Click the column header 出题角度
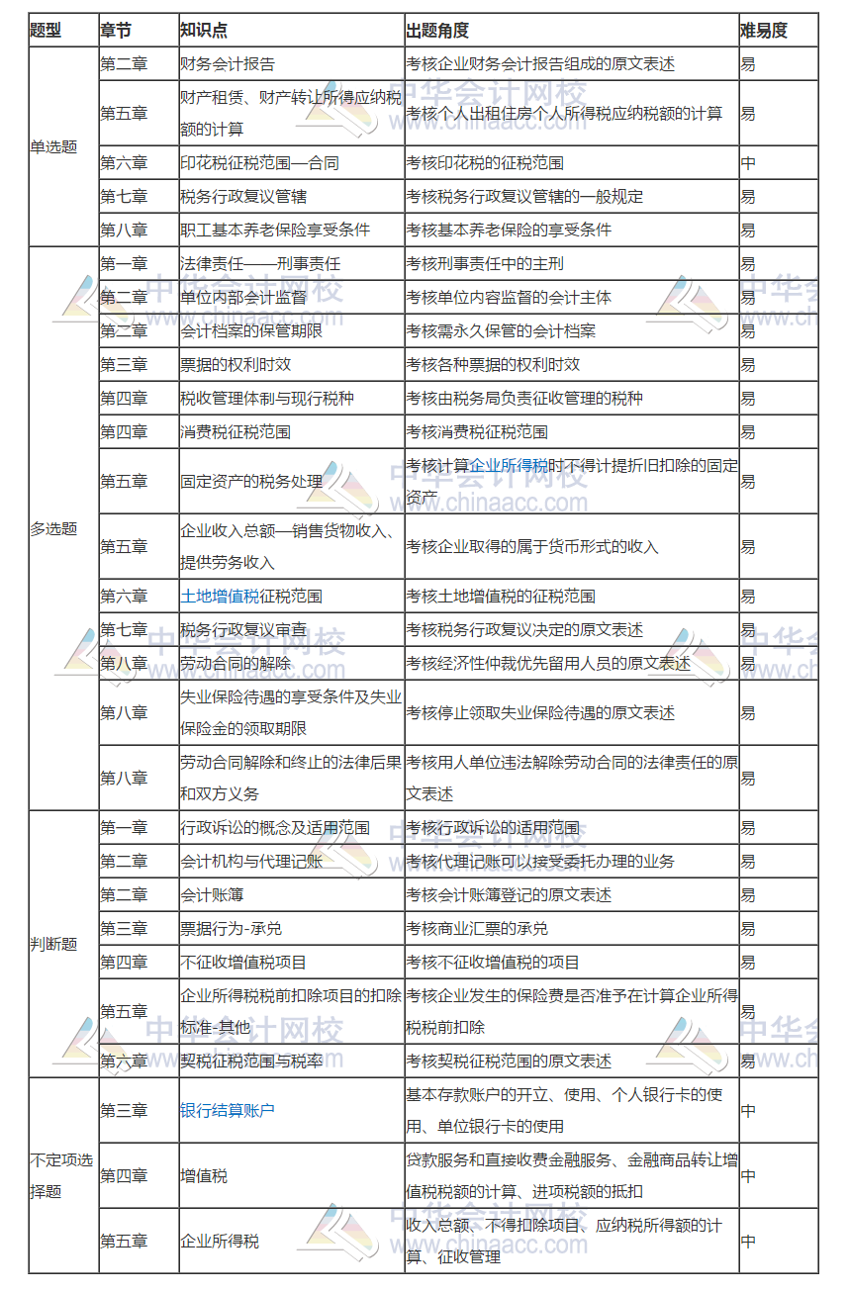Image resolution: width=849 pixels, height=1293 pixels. tap(437, 31)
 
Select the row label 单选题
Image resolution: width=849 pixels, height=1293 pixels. tap(53, 147)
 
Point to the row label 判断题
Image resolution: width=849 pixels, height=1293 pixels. tap(53, 944)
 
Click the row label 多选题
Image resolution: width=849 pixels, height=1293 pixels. tap(53, 528)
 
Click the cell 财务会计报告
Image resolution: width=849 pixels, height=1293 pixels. tap(228, 64)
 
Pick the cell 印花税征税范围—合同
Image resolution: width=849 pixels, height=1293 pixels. tap(259, 163)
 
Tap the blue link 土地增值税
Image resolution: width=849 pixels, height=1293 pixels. tap(220, 597)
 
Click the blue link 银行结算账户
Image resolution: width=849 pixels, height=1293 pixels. tap(228, 1110)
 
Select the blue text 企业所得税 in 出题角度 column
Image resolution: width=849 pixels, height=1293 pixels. tap(509, 466)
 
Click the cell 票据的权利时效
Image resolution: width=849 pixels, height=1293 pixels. tap(236, 364)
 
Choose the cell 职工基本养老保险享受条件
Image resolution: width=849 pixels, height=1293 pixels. tap(275, 230)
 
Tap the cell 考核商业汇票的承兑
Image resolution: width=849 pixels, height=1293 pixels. tap(477, 929)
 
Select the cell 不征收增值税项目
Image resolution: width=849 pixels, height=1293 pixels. tap(243, 963)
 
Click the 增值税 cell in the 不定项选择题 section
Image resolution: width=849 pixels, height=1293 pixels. tap(204, 1176)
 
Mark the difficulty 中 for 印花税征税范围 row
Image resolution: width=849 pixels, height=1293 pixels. tap(748, 163)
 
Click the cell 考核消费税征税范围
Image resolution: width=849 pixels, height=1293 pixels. tap(477, 432)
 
